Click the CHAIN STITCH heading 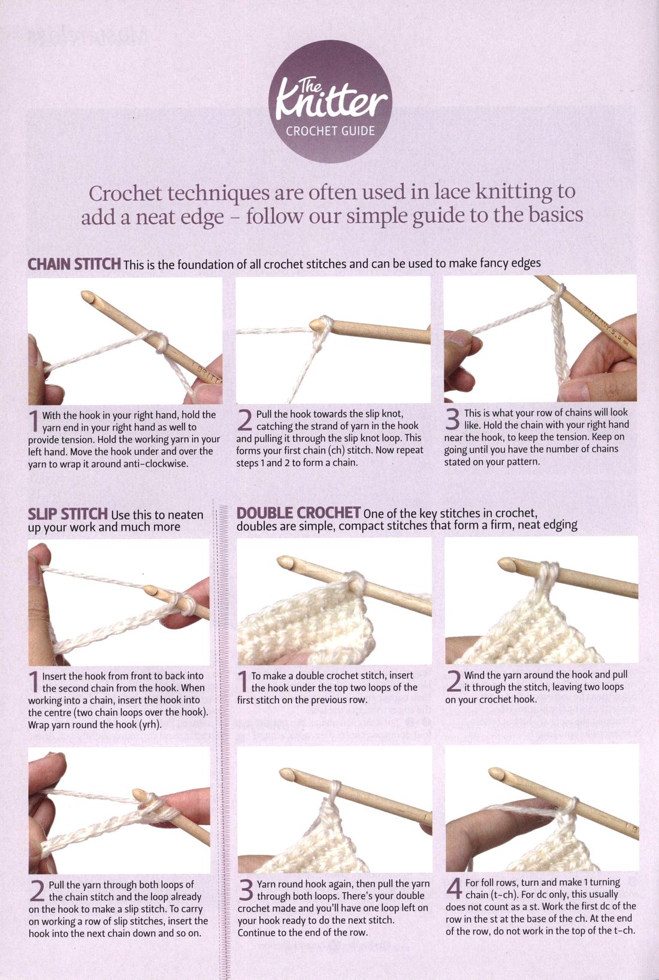(74, 264)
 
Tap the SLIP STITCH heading (68, 514)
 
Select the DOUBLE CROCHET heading (299, 512)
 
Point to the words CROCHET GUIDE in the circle (330, 131)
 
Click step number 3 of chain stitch (452, 419)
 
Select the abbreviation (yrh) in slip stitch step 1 (150, 725)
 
